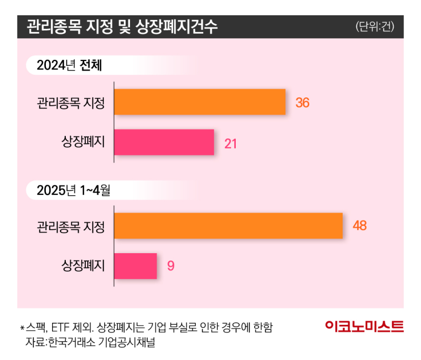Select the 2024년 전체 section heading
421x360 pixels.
tap(69, 66)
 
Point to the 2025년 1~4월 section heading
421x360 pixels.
tap(74, 190)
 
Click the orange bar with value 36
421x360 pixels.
tap(199, 102)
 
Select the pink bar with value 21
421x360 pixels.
tap(164, 142)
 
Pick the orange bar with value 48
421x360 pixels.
tap(228, 226)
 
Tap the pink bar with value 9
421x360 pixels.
tap(135, 266)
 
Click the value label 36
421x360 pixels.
tap(302, 103)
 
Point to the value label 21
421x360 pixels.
tap(230, 143)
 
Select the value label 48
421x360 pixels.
tap(359, 226)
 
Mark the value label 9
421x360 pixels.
tap(171, 266)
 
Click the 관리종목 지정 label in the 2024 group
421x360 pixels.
tap(71, 103)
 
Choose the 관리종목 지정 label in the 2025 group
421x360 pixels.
tap(71, 227)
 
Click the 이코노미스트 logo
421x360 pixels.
tap(364, 326)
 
